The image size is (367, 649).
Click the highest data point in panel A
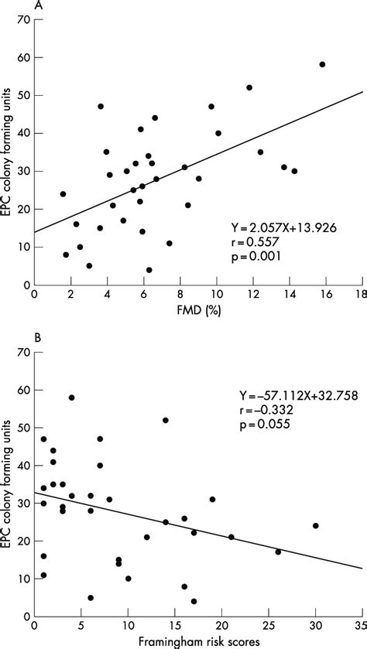pyautogui.click(x=322, y=64)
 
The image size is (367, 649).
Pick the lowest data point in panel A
pyautogui.click(x=149, y=270)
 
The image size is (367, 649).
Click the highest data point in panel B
pyautogui.click(x=71, y=398)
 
